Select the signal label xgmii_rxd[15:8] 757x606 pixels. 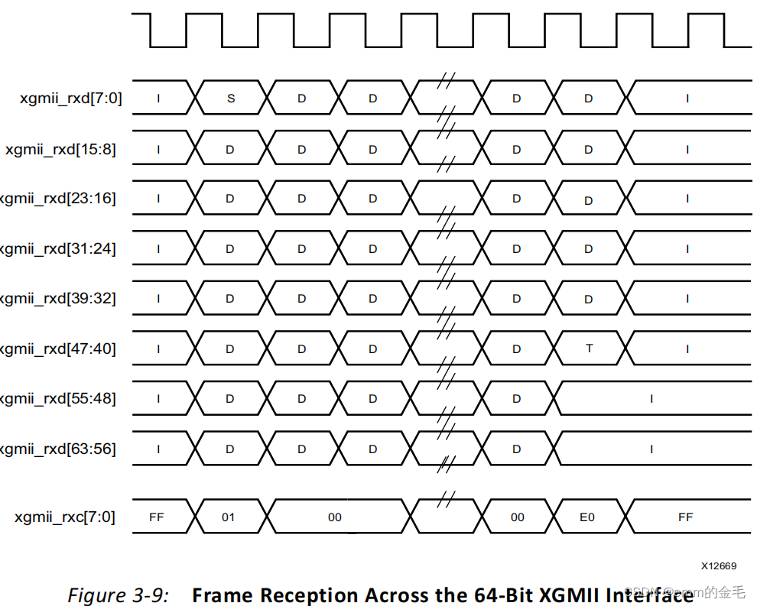point(60,149)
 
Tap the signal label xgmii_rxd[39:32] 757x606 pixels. point(58,299)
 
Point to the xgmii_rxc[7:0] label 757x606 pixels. point(65,517)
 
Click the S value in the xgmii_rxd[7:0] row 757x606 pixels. point(231,99)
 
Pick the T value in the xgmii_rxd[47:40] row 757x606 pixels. point(589,348)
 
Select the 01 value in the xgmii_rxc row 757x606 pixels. point(229,517)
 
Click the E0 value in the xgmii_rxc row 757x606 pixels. point(586,517)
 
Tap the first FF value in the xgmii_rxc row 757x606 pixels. point(157,517)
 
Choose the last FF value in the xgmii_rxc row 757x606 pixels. point(685,517)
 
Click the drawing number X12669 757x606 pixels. point(719,566)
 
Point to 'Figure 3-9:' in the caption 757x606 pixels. point(118,595)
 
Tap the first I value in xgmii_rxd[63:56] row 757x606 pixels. point(158,449)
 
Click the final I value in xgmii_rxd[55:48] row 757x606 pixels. point(651,399)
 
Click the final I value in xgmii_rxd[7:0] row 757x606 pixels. point(687,99)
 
